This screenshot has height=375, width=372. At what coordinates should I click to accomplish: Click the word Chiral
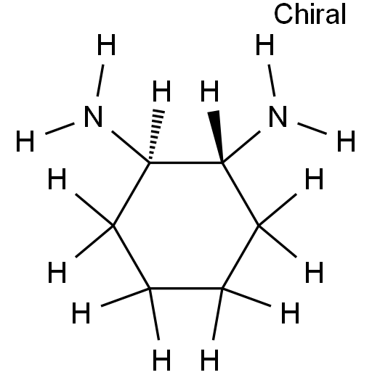[x=310, y=15]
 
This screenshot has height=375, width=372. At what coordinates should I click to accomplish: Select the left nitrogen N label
[x=93, y=117]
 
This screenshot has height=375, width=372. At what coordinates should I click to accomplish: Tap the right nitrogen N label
[x=278, y=117]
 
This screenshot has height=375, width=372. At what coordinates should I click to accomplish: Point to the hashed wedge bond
[x=156, y=135]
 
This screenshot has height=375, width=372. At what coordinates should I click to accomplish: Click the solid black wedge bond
[x=217, y=136]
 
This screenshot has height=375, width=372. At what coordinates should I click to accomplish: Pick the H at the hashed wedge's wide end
[x=162, y=91]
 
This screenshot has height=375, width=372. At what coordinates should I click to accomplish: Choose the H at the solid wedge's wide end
[x=210, y=91]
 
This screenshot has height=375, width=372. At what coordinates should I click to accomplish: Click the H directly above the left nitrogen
[x=106, y=44]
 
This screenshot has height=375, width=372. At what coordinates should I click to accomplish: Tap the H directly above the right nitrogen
[x=265, y=44]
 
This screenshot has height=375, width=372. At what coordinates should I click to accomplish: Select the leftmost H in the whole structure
[x=25, y=141]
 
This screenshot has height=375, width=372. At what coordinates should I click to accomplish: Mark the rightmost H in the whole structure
[x=347, y=141]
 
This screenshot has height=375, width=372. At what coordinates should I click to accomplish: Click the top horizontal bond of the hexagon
[x=186, y=163]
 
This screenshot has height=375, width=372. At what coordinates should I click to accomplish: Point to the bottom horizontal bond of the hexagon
[x=186, y=289]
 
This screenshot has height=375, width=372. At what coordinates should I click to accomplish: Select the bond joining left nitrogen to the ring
[x=131, y=147]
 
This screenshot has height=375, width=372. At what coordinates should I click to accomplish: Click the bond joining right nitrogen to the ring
[x=241, y=147]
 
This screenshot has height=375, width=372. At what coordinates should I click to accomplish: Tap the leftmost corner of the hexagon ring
[x=113, y=226]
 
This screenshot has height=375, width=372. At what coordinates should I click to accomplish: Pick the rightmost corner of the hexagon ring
[x=259, y=226]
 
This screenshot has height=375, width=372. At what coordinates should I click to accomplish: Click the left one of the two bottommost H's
[x=162, y=360]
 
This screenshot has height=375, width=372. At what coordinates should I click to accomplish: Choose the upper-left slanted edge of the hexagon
[x=132, y=194]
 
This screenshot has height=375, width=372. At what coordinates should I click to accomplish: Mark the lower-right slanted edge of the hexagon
[x=240, y=257]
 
